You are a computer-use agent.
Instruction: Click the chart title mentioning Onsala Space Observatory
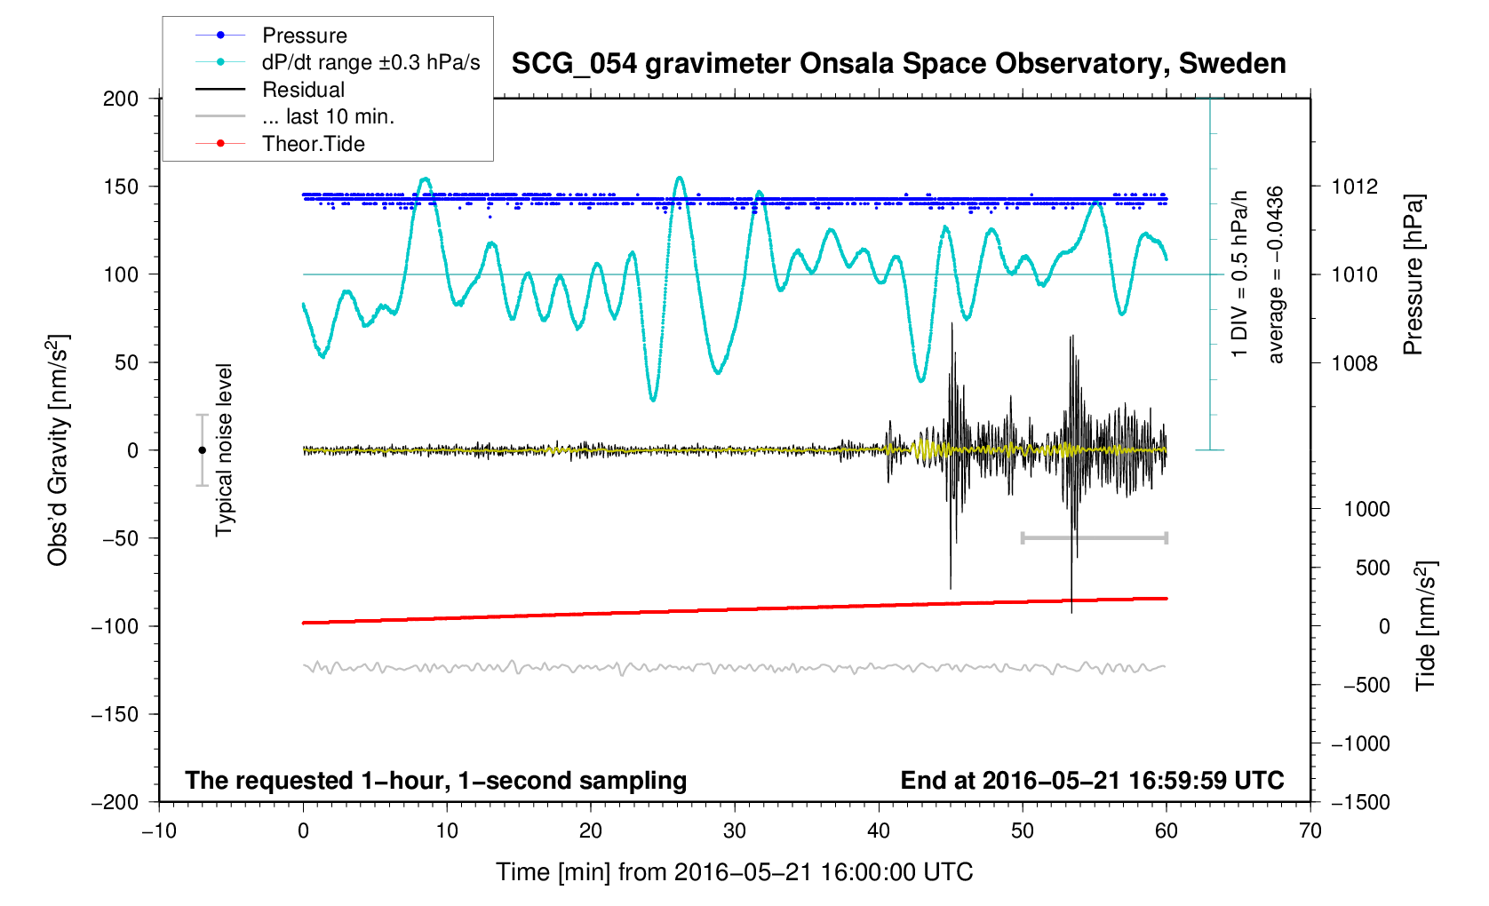coord(898,64)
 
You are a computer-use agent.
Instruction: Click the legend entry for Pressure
coord(304,36)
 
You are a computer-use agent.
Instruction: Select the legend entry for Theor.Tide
coord(313,144)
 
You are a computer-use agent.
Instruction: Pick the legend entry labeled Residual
coord(303,90)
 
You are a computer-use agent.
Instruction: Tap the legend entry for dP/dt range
coord(370,62)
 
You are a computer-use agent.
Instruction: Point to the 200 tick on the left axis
coord(121,99)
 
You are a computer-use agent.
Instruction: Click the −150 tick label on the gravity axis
coord(115,714)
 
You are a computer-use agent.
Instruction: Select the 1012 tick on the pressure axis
coord(1354,187)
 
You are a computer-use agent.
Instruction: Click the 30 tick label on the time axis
coord(735,831)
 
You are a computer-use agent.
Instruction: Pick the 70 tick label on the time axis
coord(1310,831)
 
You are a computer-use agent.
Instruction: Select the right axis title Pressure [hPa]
coord(1413,274)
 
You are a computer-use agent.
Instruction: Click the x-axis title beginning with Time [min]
coord(734,872)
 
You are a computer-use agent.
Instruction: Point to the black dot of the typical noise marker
coord(202,450)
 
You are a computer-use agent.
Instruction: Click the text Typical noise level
coord(224,450)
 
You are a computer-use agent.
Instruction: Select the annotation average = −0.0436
coord(1276,274)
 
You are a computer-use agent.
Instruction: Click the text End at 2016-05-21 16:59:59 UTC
coord(1092,781)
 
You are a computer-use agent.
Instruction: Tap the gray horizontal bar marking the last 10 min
coord(1094,537)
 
